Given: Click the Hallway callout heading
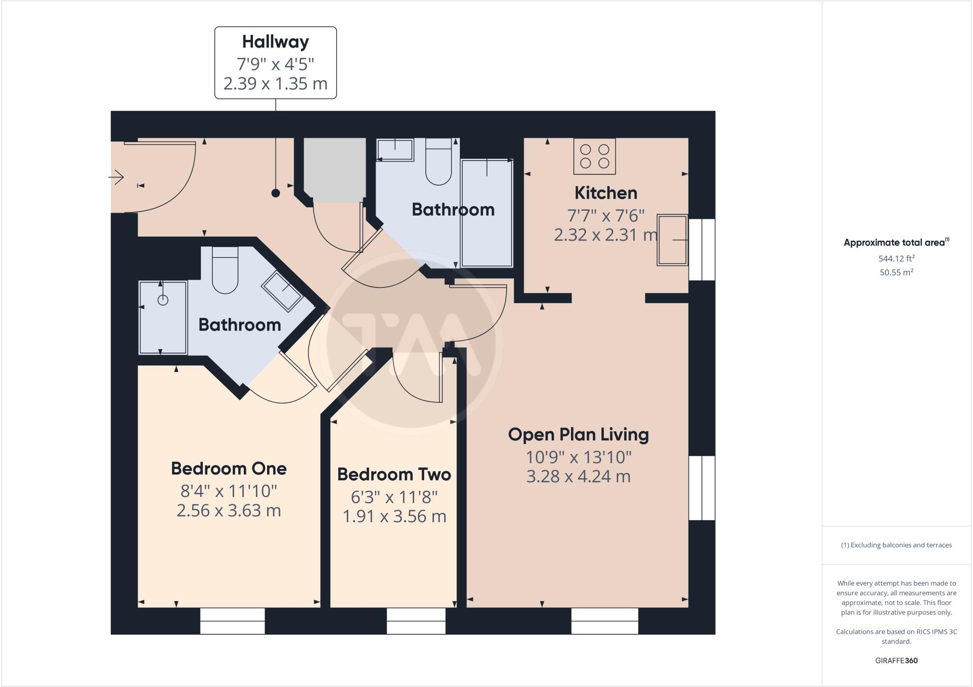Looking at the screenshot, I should tap(275, 42).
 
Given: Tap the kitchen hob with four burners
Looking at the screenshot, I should tap(594, 156).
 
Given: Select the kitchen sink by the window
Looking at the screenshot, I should tap(672, 239).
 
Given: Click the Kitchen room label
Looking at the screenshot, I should tap(606, 193).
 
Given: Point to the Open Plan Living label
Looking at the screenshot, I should tap(578, 434).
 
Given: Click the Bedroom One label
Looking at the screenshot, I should tap(229, 468).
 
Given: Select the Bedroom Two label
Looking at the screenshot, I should tap(394, 474).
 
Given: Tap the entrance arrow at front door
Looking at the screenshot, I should tap(116, 178).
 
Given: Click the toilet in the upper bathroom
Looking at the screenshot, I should tap(439, 164).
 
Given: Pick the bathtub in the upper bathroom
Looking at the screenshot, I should tap(487, 213).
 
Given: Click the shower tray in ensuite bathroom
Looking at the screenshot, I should tap(163, 317).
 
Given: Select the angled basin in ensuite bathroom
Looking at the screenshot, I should tap(282, 291).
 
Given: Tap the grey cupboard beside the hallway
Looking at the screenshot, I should tap(335, 170).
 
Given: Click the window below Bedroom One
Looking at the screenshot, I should tap(232, 620).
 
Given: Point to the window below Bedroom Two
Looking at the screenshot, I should tap(416, 620).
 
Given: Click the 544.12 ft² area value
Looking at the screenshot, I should tap(897, 258).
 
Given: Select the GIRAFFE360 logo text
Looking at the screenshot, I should tap(896, 660).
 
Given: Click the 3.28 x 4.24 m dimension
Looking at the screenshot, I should tap(578, 476).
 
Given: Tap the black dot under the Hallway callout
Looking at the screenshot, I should tap(276, 193).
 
